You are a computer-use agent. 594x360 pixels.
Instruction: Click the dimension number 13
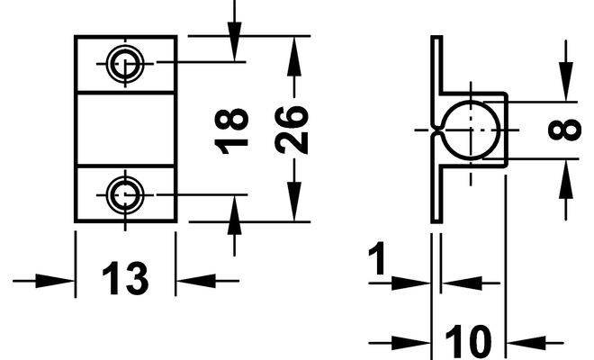pos(124,279)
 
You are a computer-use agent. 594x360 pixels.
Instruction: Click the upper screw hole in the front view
pos(124,63)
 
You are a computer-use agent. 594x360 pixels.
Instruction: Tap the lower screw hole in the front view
pos(124,193)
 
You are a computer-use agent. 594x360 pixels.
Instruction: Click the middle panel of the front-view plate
pos(124,128)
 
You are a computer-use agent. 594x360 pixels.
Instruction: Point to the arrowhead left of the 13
pos(58,281)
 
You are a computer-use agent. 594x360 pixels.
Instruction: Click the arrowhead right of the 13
pos(192,281)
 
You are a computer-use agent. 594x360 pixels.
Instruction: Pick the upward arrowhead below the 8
pos(565,176)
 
